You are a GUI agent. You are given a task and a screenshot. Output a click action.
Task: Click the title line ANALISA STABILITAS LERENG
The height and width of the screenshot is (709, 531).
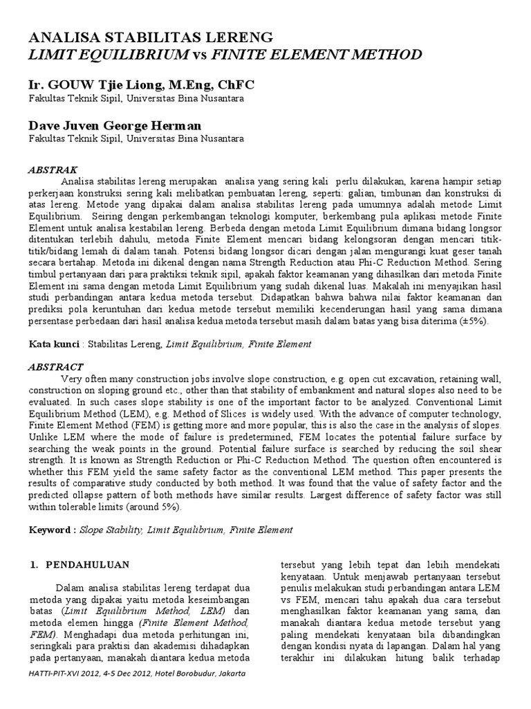151,37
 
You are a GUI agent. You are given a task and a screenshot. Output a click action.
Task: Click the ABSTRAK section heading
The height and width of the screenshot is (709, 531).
53,170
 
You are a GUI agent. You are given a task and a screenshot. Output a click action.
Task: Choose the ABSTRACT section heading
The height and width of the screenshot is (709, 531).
55,366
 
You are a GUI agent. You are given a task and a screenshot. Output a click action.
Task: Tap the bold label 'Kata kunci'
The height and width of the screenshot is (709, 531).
53,343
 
